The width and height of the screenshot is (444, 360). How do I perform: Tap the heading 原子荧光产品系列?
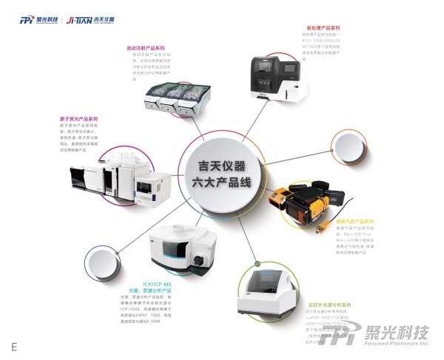(x=78, y=118)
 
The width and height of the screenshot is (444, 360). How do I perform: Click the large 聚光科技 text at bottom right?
(x=400, y=331)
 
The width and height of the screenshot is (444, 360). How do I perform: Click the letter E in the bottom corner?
(x=13, y=346)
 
